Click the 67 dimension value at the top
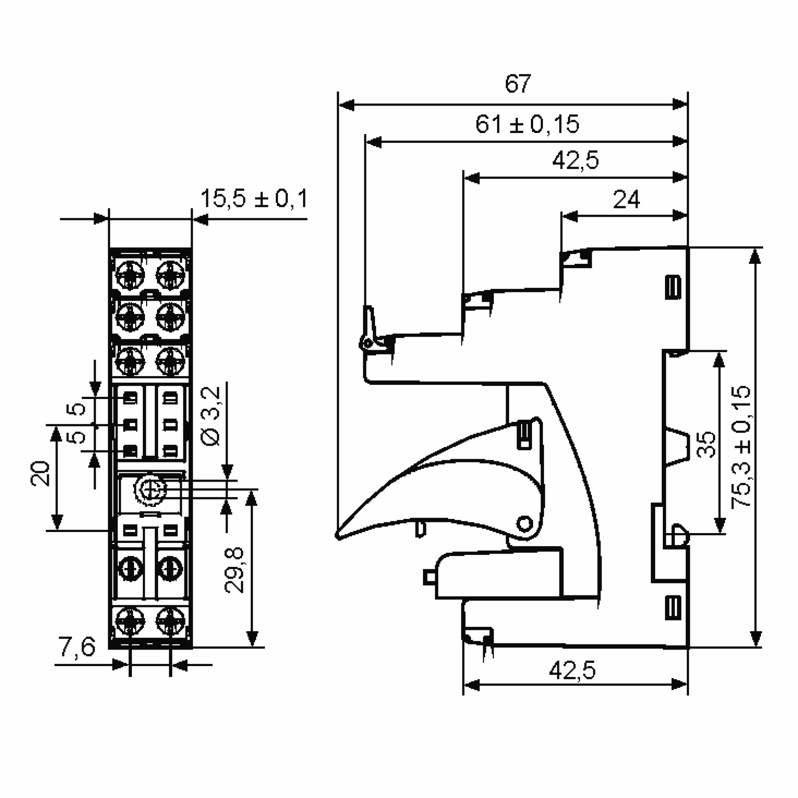[x=518, y=84]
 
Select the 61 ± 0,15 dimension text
[x=527, y=124]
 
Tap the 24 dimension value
[x=626, y=200]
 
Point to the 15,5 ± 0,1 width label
[x=254, y=199]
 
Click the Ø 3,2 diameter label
[x=211, y=416]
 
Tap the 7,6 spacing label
[x=77, y=646]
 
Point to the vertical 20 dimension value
[x=40, y=473]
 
